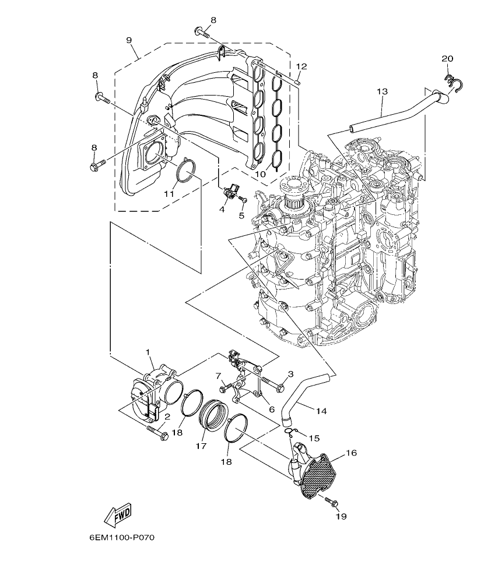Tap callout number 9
[129, 40]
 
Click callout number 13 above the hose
[382, 91]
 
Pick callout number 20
[447, 58]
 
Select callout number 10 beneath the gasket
[261, 174]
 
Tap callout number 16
[350, 453]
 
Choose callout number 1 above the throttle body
[148, 353]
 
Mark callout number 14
[322, 410]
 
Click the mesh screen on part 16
[318, 476]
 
